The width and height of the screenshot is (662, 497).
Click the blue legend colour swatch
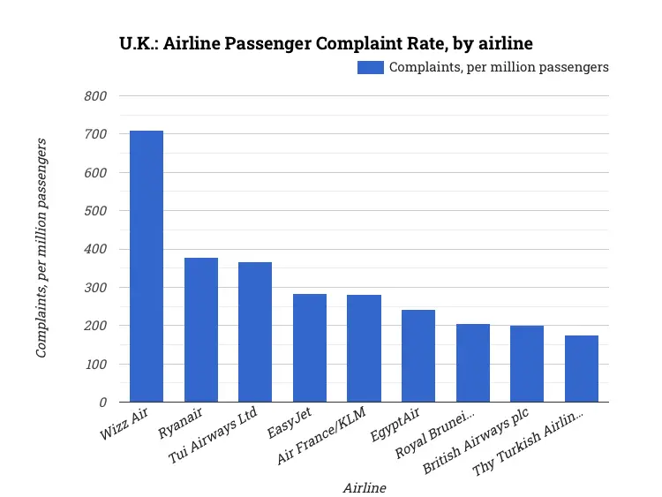370,67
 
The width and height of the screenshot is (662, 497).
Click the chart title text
326,42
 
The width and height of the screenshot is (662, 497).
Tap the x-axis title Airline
364,486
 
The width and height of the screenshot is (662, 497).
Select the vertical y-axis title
41,248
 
